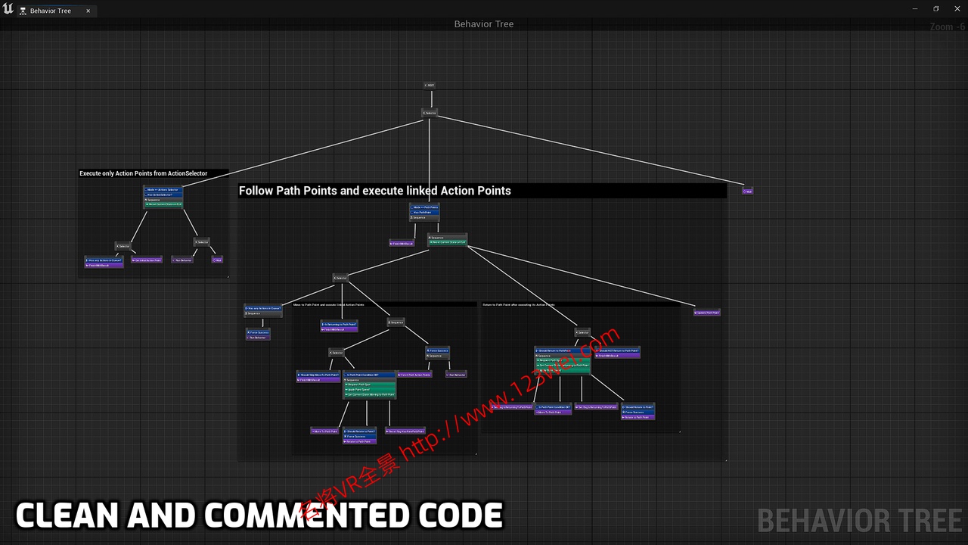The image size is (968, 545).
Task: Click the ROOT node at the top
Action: [x=430, y=85]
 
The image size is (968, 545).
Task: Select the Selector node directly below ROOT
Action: [x=430, y=113]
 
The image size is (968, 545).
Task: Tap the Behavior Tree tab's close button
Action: [x=88, y=11]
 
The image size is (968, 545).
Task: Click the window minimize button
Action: [x=915, y=9]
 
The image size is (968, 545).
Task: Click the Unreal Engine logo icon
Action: [x=8, y=9]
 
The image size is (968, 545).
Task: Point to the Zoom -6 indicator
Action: [x=947, y=26]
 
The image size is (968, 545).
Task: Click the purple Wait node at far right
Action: [x=747, y=191]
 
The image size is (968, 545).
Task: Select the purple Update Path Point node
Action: [x=706, y=313]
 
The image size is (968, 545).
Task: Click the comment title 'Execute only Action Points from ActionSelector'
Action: [x=143, y=173]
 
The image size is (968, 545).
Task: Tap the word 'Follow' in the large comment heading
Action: [x=256, y=191]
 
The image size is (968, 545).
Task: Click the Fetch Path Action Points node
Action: [x=414, y=374]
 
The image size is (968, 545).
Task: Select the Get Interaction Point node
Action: [x=146, y=260]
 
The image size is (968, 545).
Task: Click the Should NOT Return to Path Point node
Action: [x=617, y=353]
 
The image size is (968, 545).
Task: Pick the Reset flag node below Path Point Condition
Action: [x=405, y=431]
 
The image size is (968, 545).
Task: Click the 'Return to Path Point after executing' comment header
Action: [x=518, y=305]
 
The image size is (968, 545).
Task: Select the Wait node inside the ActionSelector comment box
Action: [x=217, y=260]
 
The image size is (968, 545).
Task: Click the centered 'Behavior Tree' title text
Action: [x=484, y=24]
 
